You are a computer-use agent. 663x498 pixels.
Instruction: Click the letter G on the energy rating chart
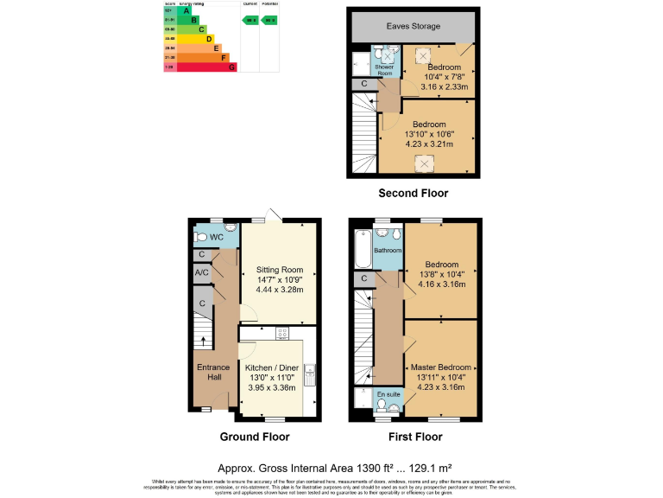coord(231,67)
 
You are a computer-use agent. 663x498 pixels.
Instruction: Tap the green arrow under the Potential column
coord(269,19)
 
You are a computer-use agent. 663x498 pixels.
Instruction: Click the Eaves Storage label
coord(413,27)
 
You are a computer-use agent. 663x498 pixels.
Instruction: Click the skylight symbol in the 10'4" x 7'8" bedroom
coord(424,55)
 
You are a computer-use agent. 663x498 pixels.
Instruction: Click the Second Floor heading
coord(413,193)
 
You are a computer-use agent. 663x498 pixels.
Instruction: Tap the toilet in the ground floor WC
coord(200,236)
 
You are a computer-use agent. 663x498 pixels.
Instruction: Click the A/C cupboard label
coord(201,274)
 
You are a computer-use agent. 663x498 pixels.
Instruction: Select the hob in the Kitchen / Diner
coord(281,333)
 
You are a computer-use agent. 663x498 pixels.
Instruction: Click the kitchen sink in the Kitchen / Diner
coord(317,373)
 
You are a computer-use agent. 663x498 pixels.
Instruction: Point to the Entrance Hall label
coord(212,373)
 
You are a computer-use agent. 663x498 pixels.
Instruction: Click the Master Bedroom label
coord(440,367)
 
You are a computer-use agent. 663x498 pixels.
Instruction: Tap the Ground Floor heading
coord(255,437)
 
